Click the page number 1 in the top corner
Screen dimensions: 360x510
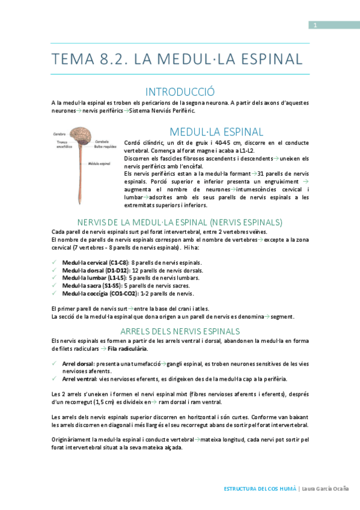(x=314, y=25)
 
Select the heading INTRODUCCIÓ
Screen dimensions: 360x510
(x=180, y=92)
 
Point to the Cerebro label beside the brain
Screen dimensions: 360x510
(x=59, y=134)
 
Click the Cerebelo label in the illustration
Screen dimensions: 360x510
(x=102, y=141)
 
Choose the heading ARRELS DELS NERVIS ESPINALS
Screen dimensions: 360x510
(x=180, y=331)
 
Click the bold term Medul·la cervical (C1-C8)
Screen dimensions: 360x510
(x=96, y=263)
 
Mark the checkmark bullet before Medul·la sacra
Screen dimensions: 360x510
(x=55, y=286)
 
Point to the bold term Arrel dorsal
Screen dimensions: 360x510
(x=78, y=364)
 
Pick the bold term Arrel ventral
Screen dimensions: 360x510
(x=79, y=379)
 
